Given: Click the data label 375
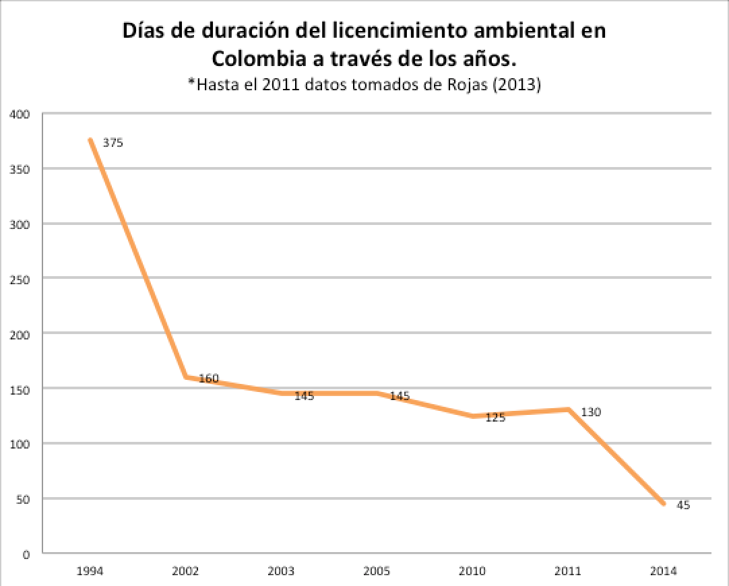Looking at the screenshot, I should pyautogui.click(x=113, y=143).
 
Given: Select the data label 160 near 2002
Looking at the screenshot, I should pyautogui.click(x=209, y=379).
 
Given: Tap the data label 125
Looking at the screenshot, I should pyautogui.click(x=495, y=418).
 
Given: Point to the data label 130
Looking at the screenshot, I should pyautogui.click(x=591, y=412).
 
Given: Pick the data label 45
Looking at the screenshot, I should pyautogui.click(x=683, y=505).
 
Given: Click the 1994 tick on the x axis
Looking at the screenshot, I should pyautogui.click(x=90, y=571).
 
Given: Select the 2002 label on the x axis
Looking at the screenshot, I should pyautogui.click(x=185, y=571).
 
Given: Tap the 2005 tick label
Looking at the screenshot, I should pyautogui.click(x=377, y=571).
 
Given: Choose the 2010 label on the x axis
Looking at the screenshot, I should pyautogui.click(x=473, y=571).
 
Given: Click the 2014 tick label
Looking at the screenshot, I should pyautogui.click(x=664, y=571).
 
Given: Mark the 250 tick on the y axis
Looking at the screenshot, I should pyautogui.click(x=22, y=279).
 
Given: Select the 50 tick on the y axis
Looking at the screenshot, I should pyautogui.click(x=24, y=499).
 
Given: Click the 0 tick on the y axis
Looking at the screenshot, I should pyautogui.click(x=28, y=554).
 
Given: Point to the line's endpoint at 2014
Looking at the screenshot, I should pyautogui.click(x=664, y=504).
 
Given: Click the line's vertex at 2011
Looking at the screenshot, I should pyautogui.click(x=569, y=410).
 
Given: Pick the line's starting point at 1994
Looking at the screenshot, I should pyautogui.click(x=90, y=140).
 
